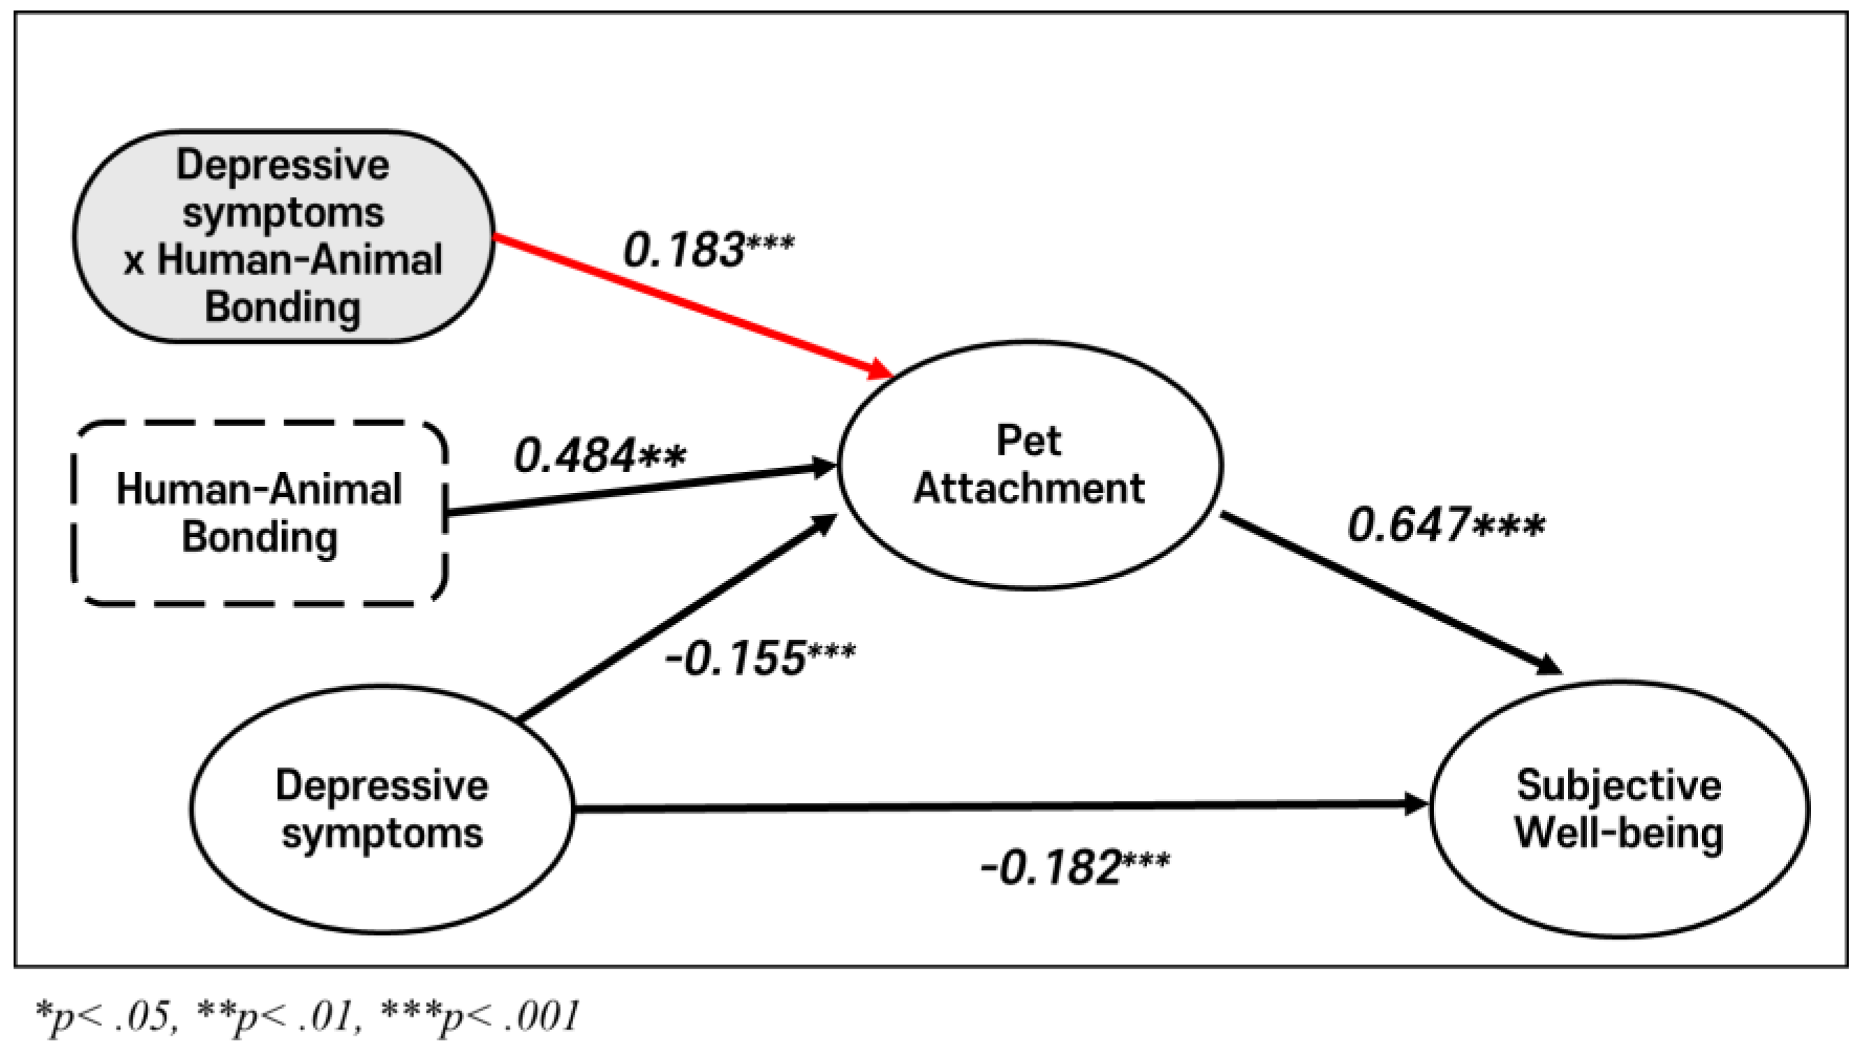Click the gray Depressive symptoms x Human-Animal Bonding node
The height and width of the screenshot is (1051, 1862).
coord(283,235)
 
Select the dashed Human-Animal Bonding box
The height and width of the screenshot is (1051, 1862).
coord(259,513)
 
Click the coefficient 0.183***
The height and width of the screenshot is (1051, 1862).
coord(708,250)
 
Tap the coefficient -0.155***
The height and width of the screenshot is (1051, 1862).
coord(759,659)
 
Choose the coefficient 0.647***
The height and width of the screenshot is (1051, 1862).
coord(1446,525)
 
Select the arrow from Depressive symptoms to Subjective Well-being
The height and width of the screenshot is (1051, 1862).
coord(998,806)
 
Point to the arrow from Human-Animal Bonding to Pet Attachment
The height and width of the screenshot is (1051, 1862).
coord(636,490)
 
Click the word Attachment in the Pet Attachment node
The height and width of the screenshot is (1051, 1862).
coord(1029,489)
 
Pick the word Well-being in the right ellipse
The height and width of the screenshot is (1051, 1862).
coord(1619,833)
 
